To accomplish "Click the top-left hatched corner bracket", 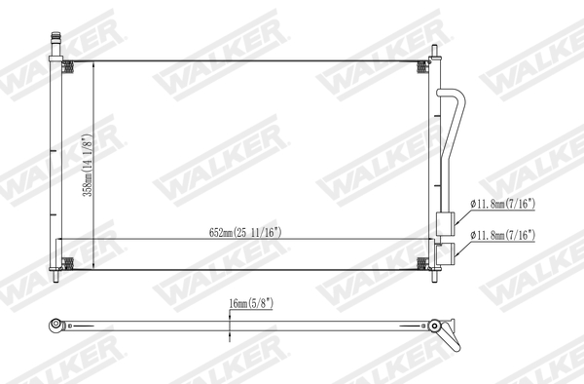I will point(69,67).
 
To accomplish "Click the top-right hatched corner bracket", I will point(421,67).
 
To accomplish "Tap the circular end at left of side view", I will point(56,324).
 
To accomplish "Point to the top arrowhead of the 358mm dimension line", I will point(92,64).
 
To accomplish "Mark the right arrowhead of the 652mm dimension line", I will point(432,240).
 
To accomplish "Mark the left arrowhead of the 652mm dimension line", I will point(58,240).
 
